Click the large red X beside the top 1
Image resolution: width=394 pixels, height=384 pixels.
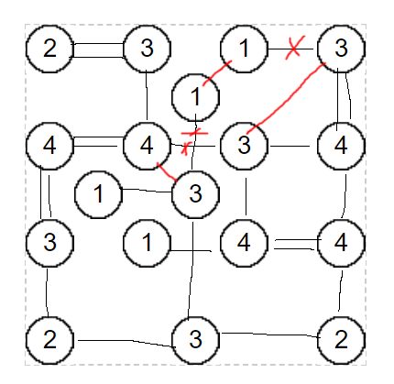tap(294, 48)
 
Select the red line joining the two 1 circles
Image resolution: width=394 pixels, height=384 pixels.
tap(216, 72)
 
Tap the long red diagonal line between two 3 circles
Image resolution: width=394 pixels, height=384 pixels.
tap(287, 97)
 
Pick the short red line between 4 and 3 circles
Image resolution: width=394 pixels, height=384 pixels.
tap(167, 172)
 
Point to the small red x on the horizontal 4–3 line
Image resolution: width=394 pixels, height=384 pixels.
tap(186, 148)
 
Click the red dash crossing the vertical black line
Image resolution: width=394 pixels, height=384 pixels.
tap(194, 133)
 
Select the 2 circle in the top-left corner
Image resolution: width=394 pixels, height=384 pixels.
tap(49, 49)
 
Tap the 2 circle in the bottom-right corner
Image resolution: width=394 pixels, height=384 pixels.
tap(341, 340)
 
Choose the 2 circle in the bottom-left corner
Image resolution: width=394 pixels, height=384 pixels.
tap(49, 340)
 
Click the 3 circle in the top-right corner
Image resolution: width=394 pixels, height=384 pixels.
tap(341, 49)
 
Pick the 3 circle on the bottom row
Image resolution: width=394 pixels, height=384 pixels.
tap(195, 340)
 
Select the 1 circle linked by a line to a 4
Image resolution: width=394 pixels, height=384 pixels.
tap(147, 243)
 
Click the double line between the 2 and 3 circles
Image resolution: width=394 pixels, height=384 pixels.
tap(98, 50)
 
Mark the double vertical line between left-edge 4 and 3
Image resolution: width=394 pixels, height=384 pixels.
tap(46, 192)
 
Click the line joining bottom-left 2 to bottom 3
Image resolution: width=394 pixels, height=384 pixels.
tap(126, 342)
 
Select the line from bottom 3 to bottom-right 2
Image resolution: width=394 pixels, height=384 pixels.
tap(270, 335)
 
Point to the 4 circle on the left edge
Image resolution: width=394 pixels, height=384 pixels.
tap(49, 146)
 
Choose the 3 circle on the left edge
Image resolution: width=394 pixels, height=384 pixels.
tap(49, 243)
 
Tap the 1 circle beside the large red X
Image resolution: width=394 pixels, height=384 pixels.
tap(244, 49)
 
